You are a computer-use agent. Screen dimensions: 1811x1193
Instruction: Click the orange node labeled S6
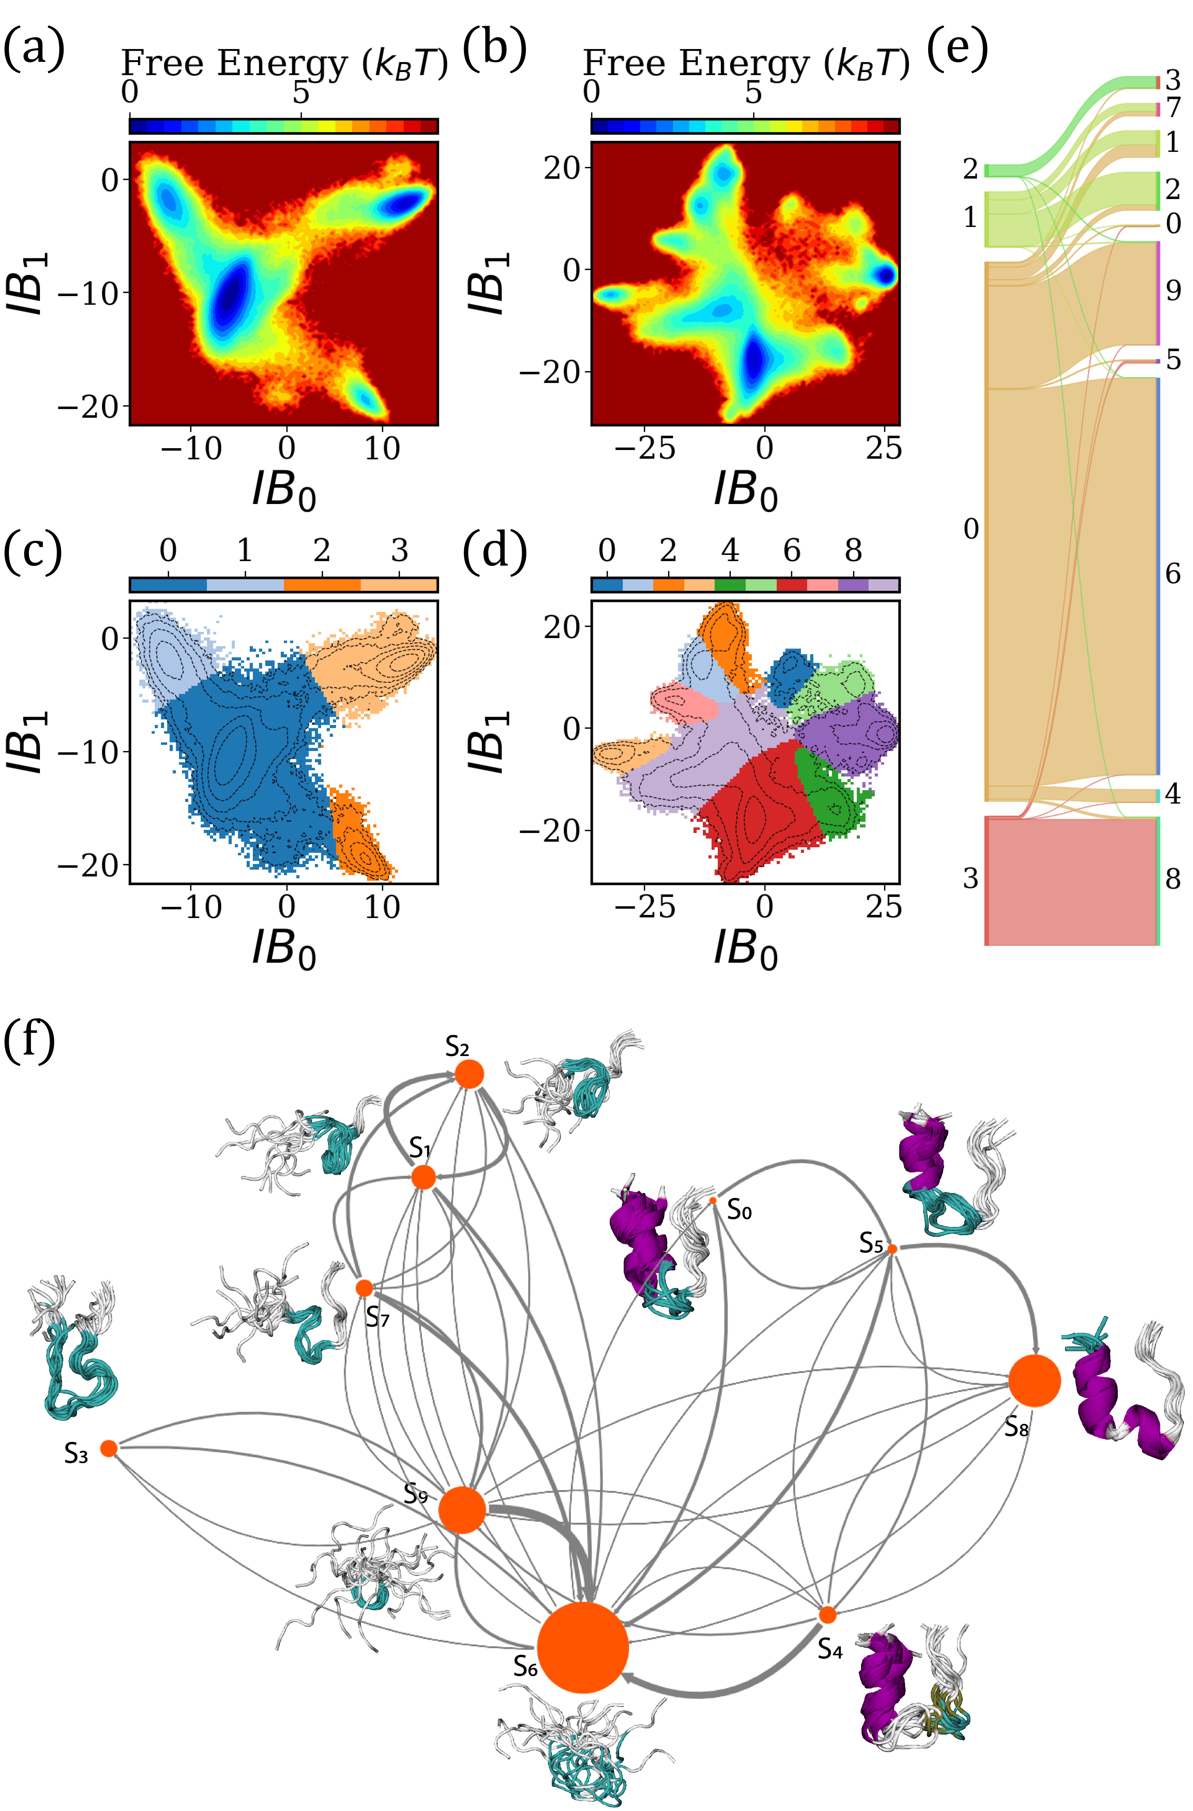point(583,1647)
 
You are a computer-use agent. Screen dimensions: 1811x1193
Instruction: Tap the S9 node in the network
point(462,1509)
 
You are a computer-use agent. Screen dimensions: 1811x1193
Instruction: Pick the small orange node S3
point(109,1448)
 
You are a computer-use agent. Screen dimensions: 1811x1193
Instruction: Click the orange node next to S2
point(469,1074)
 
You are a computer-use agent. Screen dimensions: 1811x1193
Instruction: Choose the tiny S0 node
point(713,1200)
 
